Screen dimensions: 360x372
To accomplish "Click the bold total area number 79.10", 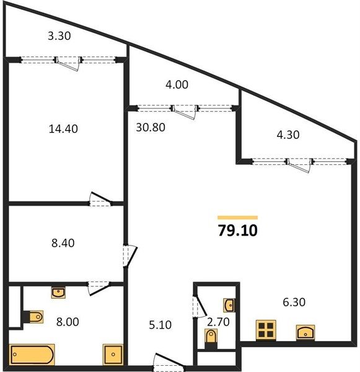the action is click(x=238, y=231).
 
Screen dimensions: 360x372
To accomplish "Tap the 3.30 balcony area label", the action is click(x=59, y=36).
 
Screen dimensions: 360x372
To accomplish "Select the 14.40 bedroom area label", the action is click(x=63, y=129).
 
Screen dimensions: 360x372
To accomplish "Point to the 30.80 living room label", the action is click(x=151, y=127).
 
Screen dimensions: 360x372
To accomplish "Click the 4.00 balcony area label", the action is click(x=177, y=84).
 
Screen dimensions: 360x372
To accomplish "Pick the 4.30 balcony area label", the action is click(x=288, y=135).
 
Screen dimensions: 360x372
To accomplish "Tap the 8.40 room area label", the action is click(x=63, y=243).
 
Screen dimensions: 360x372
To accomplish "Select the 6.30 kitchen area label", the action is click(x=294, y=302).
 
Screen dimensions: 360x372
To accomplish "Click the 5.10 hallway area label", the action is click(x=160, y=325).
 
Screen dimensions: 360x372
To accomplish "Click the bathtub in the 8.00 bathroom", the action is click(x=32, y=355).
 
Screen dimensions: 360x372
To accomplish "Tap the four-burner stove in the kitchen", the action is click(x=266, y=330).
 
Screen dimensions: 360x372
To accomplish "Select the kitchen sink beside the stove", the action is click(x=305, y=332).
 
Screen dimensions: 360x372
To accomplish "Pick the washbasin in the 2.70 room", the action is click(x=229, y=305).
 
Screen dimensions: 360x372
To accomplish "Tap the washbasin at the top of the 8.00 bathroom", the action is click(x=58, y=293).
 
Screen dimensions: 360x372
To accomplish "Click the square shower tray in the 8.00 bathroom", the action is click(x=113, y=355).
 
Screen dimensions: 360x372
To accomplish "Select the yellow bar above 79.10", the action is click(x=238, y=218).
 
